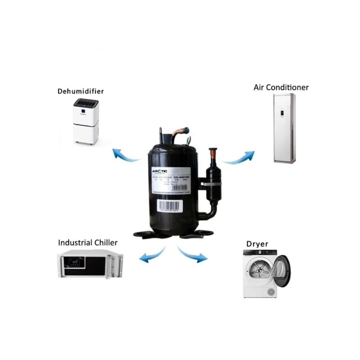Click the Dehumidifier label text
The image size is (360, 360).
81,91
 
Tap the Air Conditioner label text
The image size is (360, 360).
281,87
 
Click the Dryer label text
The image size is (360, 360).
257,244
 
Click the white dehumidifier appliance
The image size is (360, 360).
86,121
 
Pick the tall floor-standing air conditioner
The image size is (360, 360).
284,128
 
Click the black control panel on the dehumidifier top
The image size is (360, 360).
86,103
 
